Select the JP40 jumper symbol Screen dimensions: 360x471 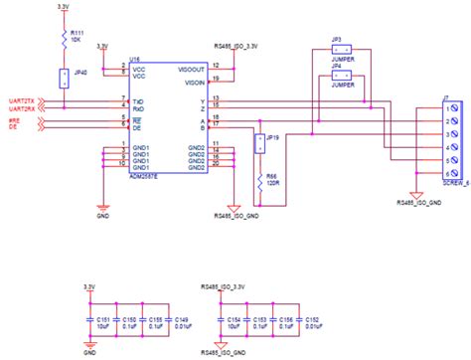(x=63, y=78)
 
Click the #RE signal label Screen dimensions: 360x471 (x=14, y=118)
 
